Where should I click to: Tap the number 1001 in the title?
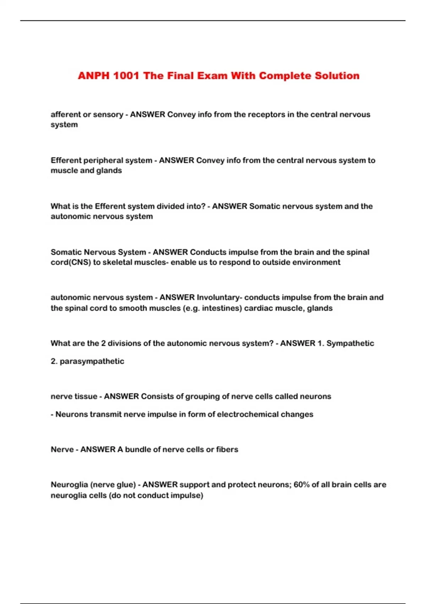[126, 76]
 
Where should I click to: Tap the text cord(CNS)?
[71, 262]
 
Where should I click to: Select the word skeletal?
[117, 262]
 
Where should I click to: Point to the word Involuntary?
[218, 297]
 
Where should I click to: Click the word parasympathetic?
[92, 361]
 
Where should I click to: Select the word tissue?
[84, 397]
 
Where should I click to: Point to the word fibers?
[227, 449]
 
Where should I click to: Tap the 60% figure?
[301, 485]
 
